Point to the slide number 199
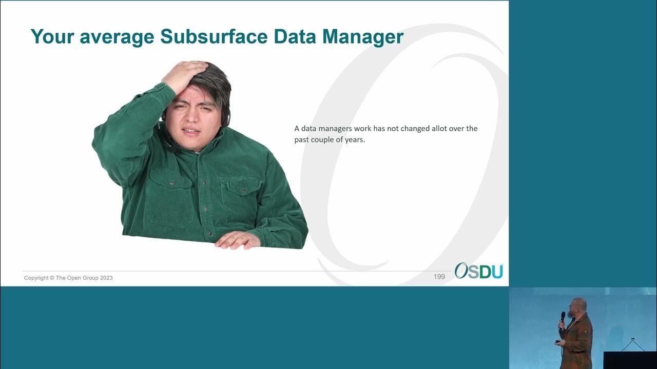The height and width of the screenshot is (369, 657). (x=439, y=277)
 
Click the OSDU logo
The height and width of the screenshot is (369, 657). (x=478, y=271)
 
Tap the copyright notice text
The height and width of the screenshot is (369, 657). (x=68, y=278)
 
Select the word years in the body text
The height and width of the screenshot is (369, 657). (x=354, y=139)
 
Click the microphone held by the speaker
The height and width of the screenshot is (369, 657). (x=563, y=316)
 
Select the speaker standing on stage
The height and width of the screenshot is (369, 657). (x=577, y=333)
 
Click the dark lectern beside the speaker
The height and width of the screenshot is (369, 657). (x=629, y=360)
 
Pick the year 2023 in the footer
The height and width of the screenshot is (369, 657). (x=106, y=278)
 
